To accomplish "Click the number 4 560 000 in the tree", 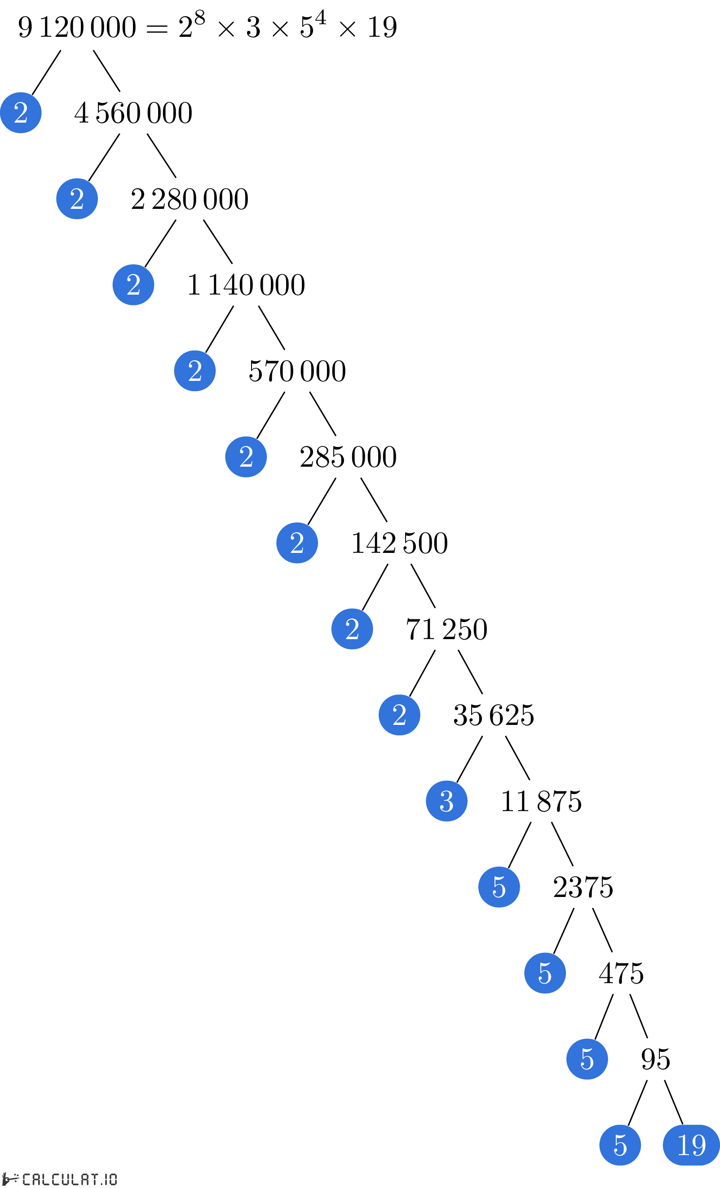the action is (133, 113).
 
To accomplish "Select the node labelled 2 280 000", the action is (190, 199).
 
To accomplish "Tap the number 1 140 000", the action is (246, 284).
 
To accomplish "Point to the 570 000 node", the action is (297, 371).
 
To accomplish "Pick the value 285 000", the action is (348, 457).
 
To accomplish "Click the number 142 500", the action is (399, 543).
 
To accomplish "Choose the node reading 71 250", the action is (446, 629).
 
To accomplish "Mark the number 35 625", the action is (494, 715).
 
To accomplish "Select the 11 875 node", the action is (541, 801).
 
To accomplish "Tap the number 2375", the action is (583, 887).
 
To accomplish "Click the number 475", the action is (621, 973).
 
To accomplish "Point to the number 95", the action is (655, 1059).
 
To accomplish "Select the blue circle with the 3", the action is (446, 801).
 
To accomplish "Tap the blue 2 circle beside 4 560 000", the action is (21, 113).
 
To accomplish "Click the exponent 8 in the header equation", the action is (200, 18).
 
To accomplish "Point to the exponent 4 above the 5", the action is (320, 18).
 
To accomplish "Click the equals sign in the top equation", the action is (157, 29).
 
